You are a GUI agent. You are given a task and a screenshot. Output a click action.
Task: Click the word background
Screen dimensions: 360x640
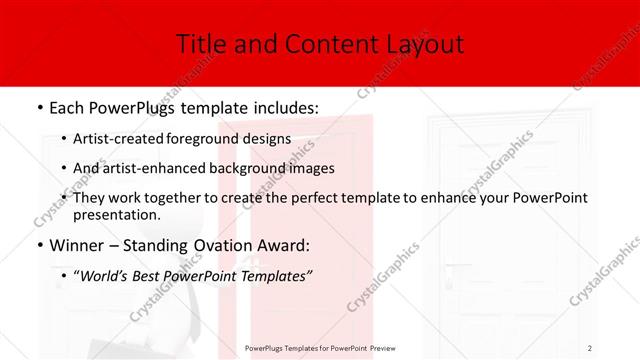pos(254,168)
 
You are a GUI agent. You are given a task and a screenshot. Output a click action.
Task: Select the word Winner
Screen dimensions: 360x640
pos(78,245)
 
